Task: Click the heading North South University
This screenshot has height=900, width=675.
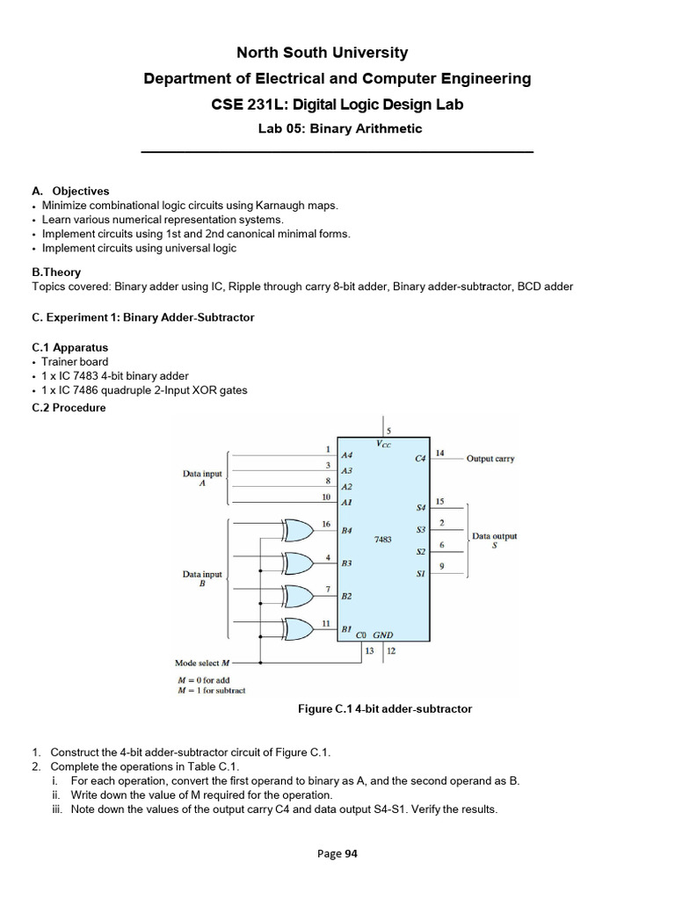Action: (x=337, y=54)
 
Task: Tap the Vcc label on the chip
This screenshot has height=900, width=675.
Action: (x=384, y=444)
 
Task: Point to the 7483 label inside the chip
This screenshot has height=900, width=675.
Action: (x=382, y=539)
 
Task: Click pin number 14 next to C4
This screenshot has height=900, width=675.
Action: (x=440, y=454)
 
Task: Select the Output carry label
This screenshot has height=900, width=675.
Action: (x=490, y=459)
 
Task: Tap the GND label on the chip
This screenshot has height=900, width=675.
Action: (x=383, y=634)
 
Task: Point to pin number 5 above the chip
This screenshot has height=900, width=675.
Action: (x=388, y=431)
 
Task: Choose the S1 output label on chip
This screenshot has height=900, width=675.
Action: (x=420, y=574)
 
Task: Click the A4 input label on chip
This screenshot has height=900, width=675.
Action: (x=347, y=456)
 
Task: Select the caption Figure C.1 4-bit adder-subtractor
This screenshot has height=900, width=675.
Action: (x=383, y=708)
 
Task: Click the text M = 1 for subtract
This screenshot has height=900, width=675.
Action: (x=211, y=690)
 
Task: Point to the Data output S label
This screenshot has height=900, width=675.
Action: (x=494, y=540)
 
